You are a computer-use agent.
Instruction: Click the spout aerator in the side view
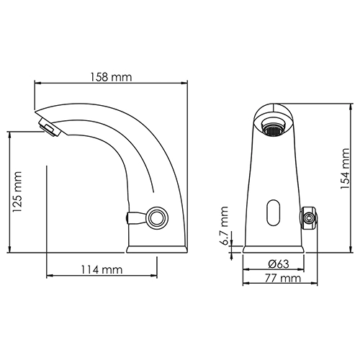(47, 130)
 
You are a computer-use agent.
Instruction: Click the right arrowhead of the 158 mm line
(186, 84)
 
